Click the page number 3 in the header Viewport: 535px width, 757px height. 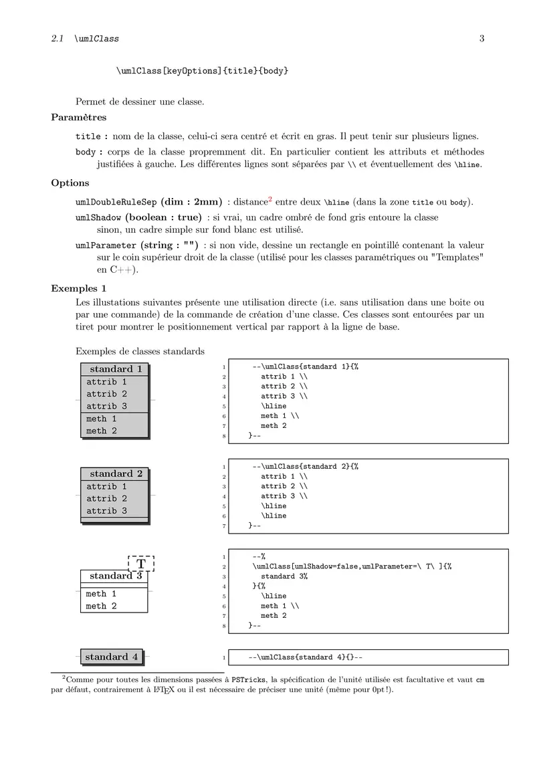(x=481, y=39)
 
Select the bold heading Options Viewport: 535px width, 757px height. (x=70, y=183)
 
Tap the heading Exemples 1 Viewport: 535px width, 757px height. (x=78, y=289)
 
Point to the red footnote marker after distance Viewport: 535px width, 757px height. (x=270, y=199)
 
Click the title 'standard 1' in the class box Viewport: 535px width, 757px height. (x=116, y=369)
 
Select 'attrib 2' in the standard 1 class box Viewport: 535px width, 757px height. (x=106, y=394)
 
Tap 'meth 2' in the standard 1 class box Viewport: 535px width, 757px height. (x=101, y=431)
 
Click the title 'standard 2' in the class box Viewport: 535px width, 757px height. (x=116, y=474)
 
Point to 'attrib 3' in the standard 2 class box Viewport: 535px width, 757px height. (x=106, y=511)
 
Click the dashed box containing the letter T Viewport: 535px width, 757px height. (x=141, y=564)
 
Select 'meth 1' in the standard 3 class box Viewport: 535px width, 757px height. (x=101, y=594)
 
